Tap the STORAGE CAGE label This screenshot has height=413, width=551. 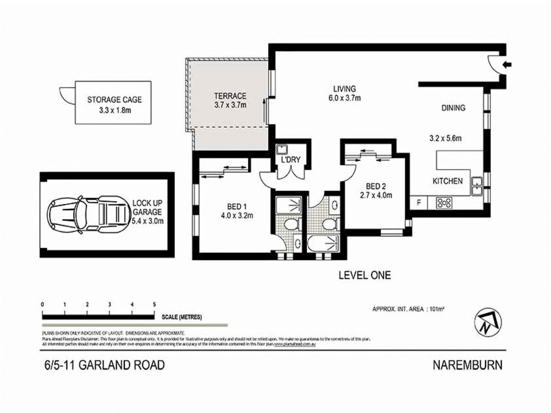(x=114, y=100)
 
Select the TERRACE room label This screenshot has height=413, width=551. (x=230, y=96)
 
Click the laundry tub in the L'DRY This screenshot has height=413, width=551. (x=282, y=150)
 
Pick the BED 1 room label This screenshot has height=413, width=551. (x=236, y=206)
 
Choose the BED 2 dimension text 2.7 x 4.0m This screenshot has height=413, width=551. (x=375, y=194)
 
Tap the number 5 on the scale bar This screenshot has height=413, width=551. (x=154, y=305)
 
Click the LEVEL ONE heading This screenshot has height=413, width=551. (x=365, y=275)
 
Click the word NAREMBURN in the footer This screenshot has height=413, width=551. (x=467, y=365)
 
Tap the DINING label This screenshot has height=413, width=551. (x=453, y=108)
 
